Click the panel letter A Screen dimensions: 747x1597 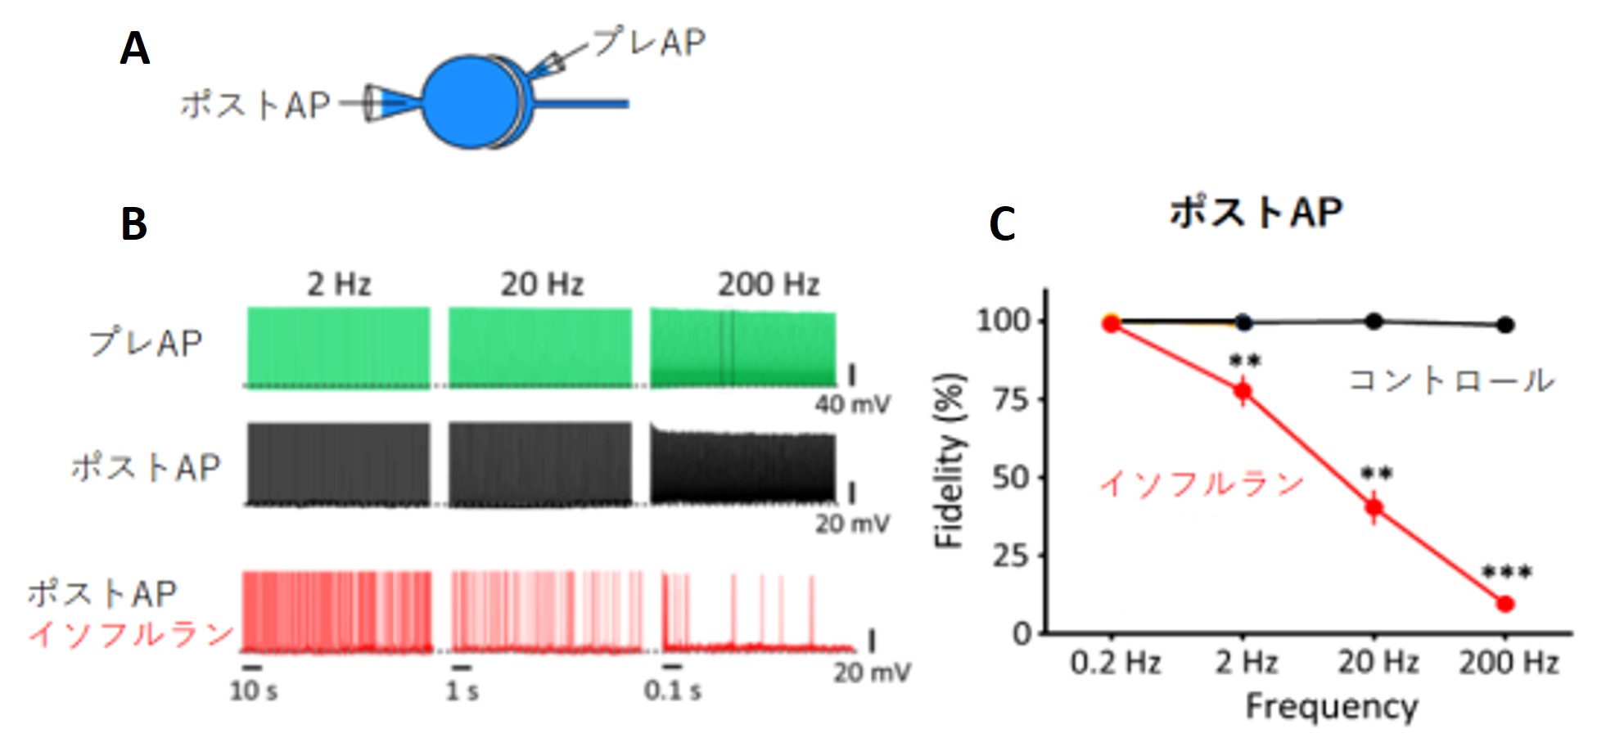tap(135, 48)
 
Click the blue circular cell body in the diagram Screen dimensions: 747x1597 tap(471, 102)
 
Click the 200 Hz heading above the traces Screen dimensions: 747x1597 tap(769, 285)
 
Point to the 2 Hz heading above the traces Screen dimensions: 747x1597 tap(339, 285)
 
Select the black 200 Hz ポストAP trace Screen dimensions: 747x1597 tap(743, 466)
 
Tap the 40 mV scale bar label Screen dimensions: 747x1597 tap(852, 404)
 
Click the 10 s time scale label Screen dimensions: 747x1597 tap(254, 691)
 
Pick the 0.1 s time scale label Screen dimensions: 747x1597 tap(672, 691)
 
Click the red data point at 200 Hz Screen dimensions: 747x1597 tap(1505, 604)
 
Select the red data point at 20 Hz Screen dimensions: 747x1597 tap(1374, 508)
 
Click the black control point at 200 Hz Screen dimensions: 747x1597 tap(1505, 325)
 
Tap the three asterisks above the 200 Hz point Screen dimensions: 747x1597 tap(1507, 573)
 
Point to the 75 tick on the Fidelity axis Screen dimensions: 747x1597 tap(1012, 399)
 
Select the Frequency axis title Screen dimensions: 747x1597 tap(1332, 706)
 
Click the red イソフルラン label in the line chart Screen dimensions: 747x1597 tap(1201, 484)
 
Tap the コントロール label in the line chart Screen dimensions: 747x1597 tap(1450, 380)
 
